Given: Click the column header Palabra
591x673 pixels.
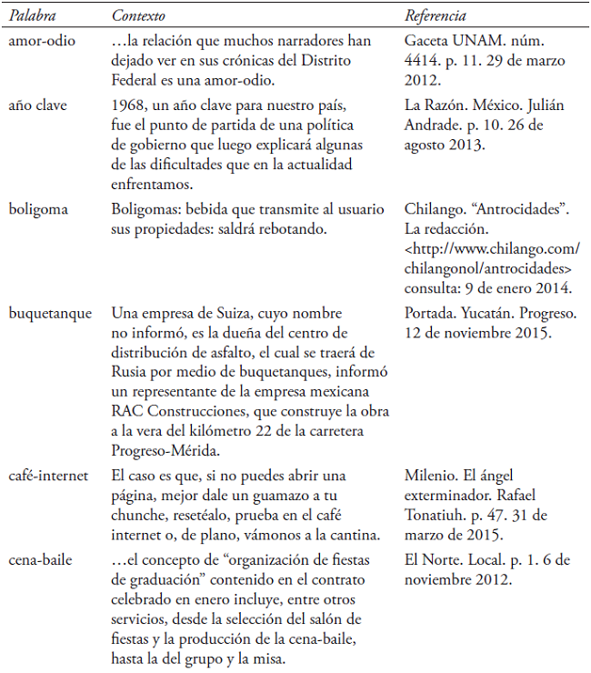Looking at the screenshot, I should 34,16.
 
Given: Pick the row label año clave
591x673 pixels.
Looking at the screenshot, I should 39,105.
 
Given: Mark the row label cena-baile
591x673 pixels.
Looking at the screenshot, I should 41,560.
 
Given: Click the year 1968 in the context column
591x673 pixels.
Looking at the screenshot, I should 126,105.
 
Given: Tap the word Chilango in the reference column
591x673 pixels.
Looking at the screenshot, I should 433,210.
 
